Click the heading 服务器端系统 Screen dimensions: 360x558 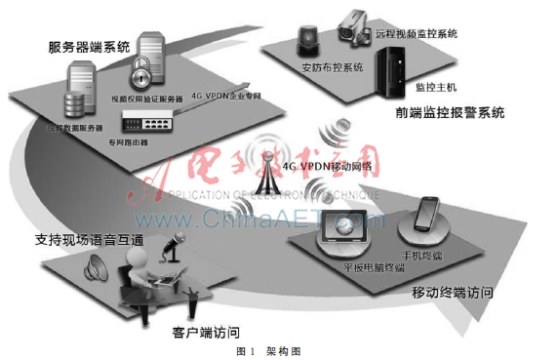[x=90, y=45]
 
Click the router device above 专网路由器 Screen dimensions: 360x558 [x=146, y=122]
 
